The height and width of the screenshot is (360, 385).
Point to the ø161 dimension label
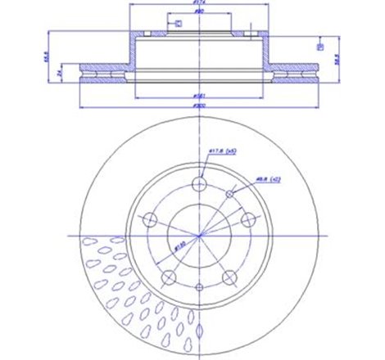tap(197, 97)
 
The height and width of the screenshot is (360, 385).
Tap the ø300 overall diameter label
tap(197, 106)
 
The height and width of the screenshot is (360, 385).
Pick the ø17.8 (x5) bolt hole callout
tap(219, 151)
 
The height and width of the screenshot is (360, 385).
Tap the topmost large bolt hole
tap(197, 183)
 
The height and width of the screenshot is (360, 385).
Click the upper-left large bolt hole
tap(149, 219)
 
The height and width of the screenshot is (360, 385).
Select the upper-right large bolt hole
tap(246, 218)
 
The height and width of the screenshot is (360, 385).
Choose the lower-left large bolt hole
tap(168, 276)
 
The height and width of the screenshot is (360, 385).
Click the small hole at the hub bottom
tap(197, 286)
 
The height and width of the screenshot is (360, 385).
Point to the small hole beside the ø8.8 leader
tap(233, 193)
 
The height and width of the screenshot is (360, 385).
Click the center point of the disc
tap(197, 235)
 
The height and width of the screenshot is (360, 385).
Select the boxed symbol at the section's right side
tap(319, 47)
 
